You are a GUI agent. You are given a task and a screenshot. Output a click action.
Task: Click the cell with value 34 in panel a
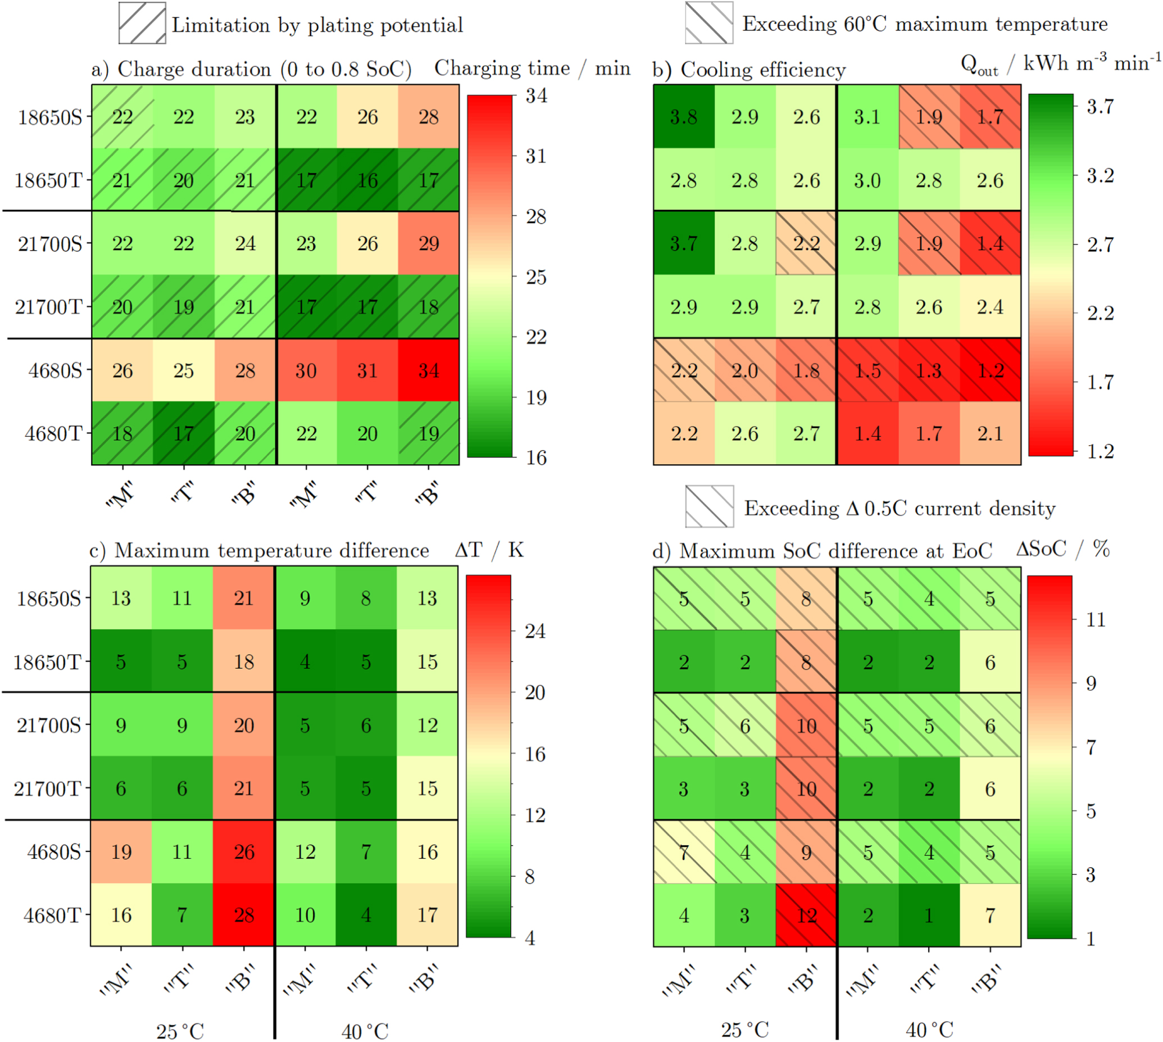click(x=429, y=370)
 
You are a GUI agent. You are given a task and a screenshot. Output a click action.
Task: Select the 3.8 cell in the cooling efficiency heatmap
click(x=684, y=117)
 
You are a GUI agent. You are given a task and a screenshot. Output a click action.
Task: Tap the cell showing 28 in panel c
click(x=244, y=914)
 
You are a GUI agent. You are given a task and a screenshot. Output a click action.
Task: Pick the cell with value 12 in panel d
click(x=806, y=915)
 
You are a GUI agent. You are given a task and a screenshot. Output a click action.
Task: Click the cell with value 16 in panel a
click(x=367, y=180)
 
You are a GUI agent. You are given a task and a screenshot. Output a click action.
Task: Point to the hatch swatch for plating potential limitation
click(x=142, y=24)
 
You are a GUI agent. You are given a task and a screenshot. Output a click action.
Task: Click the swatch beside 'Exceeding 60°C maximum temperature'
click(x=709, y=23)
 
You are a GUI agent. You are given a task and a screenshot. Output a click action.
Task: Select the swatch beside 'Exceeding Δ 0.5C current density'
click(x=709, y=506)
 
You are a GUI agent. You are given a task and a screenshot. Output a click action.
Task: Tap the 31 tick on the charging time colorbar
click(x=537, y=156)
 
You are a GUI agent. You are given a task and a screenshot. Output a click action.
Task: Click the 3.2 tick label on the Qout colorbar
click(x=1100, y=176)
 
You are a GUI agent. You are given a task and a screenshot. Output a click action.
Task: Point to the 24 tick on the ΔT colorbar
click(x=535, y=631)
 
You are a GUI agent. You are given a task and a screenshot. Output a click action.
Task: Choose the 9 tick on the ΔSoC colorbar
click(x=1092, y=683)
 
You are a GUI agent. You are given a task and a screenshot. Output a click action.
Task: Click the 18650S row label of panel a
click(x=50, y=117)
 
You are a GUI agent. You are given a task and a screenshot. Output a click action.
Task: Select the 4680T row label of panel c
click(x=52, y=915)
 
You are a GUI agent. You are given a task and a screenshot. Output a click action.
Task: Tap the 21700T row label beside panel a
click(x=49, y=307)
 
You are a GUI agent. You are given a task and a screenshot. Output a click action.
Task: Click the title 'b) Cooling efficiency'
click(x=748, y=70)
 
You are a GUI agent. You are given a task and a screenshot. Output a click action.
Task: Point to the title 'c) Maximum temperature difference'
click(x=259, y=550)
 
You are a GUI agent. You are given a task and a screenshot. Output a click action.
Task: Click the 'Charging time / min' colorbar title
click(x=532, y=68)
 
